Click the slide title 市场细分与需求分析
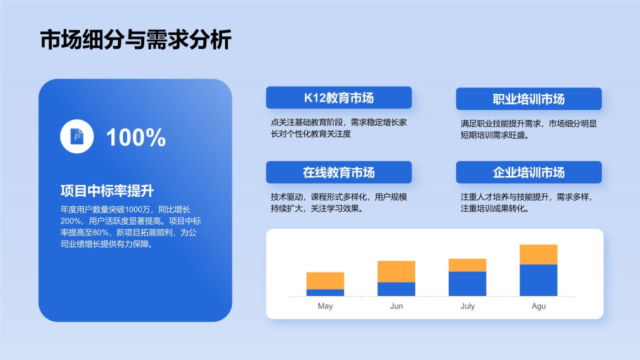pos(135,40)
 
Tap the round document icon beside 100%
pos(77,136)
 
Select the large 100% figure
pos(135,137)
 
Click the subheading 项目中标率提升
pos(106,191)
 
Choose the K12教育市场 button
pos(338,98)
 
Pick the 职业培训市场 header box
pos(528,99)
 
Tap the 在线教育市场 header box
pos(338,172)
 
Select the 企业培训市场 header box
pos(528,172)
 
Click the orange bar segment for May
pos(325,280)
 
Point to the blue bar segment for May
pos(325,292)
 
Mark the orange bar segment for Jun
pos(396,271)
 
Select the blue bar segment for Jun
pos(396,289)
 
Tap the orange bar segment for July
pos(467,265)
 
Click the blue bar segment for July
pos(467,283)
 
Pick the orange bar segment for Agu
pos(538,254)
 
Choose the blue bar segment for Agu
pos(538,280)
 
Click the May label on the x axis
pos(325,306)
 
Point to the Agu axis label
pos(538,306)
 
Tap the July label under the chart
pos(467,306)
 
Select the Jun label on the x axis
pos(396,306)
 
